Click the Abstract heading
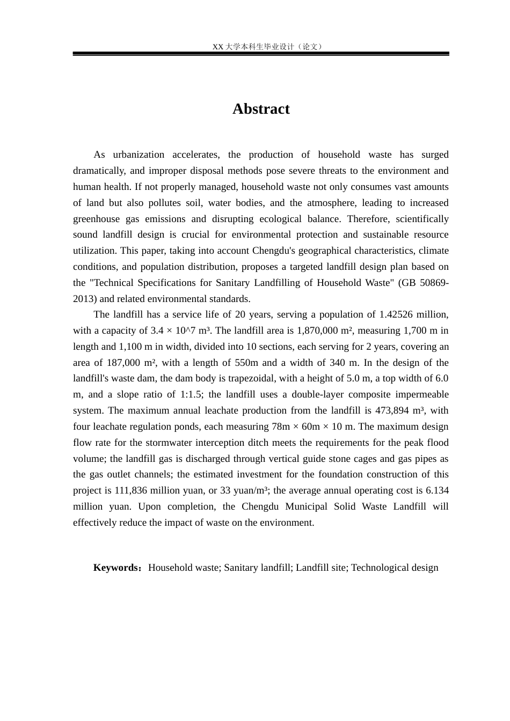coord(261,109)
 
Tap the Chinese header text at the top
coord(267,47)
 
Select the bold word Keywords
coord(116,568)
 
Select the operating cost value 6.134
coord(437,490)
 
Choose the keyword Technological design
coord(395,568)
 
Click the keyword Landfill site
coord(320,568)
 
